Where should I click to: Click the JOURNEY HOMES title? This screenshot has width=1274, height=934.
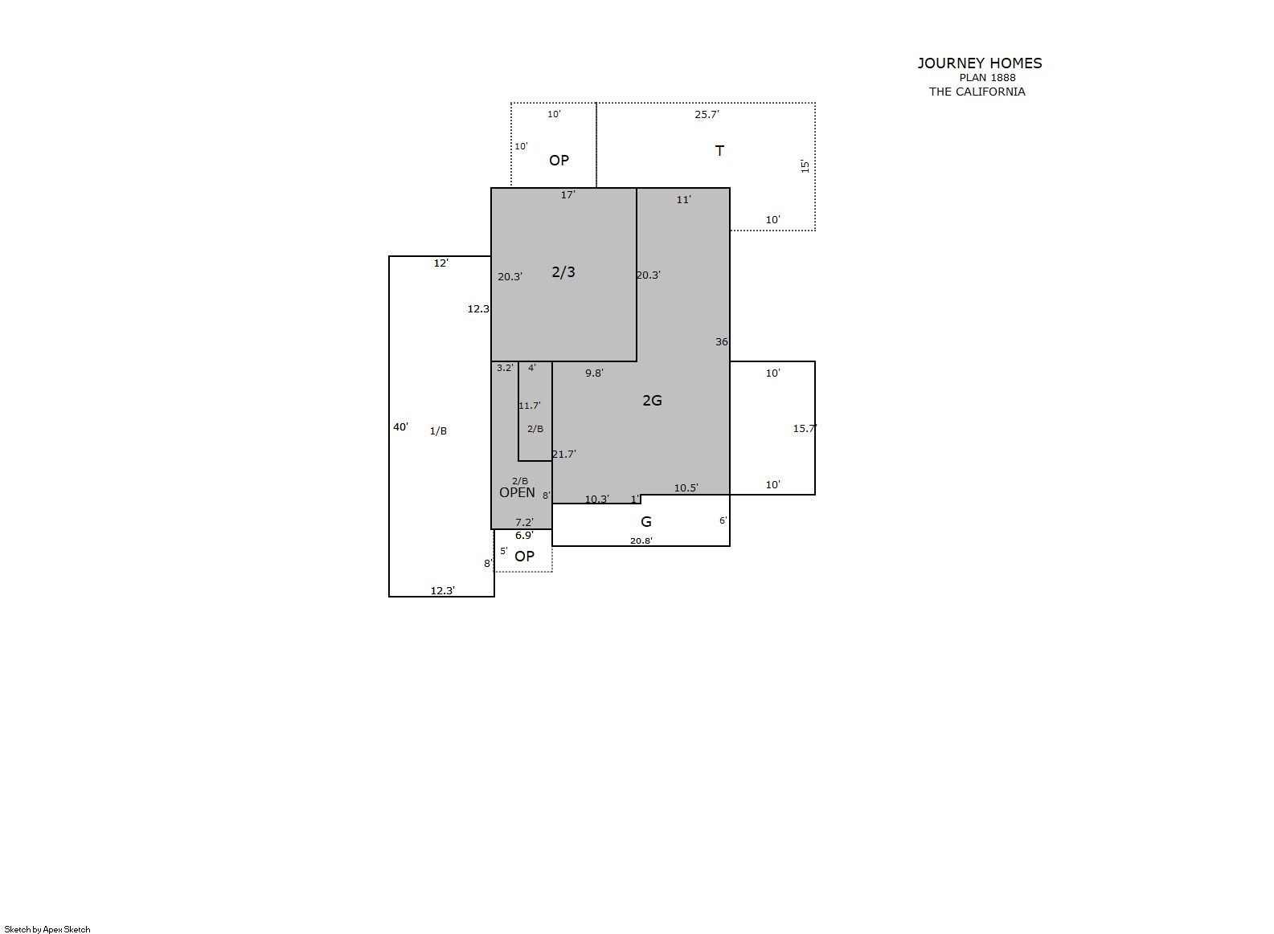point(979,63)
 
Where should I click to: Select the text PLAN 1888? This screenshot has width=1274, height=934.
point(987,78)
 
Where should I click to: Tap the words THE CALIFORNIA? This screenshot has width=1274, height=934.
point(977,92)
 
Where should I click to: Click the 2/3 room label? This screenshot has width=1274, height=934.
point(563,272)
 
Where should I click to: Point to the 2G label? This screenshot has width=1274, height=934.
point(653,401)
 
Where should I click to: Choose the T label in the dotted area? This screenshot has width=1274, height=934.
point(719,150)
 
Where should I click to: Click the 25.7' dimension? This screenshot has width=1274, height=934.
point(707,114)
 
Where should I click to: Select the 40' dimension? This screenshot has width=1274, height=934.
point(400,426)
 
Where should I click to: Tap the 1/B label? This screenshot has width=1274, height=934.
point(438,431)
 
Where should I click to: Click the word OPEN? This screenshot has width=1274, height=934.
point(517,492)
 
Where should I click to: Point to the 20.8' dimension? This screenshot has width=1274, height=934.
point(641,540)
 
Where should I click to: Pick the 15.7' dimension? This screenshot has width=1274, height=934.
point(805,428)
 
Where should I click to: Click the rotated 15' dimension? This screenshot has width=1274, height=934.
point(805,166)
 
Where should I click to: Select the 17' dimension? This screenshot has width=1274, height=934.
point(567,195)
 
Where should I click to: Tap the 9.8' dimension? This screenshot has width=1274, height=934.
point(594,373)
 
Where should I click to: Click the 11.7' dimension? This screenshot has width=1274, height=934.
point(529,406)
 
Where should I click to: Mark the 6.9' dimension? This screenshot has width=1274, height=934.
point(524,535)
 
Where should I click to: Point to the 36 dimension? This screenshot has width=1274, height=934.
point(721,341)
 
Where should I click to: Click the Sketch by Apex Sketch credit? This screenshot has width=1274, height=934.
point(47,929)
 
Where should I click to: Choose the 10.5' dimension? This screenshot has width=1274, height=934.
point(686,487)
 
